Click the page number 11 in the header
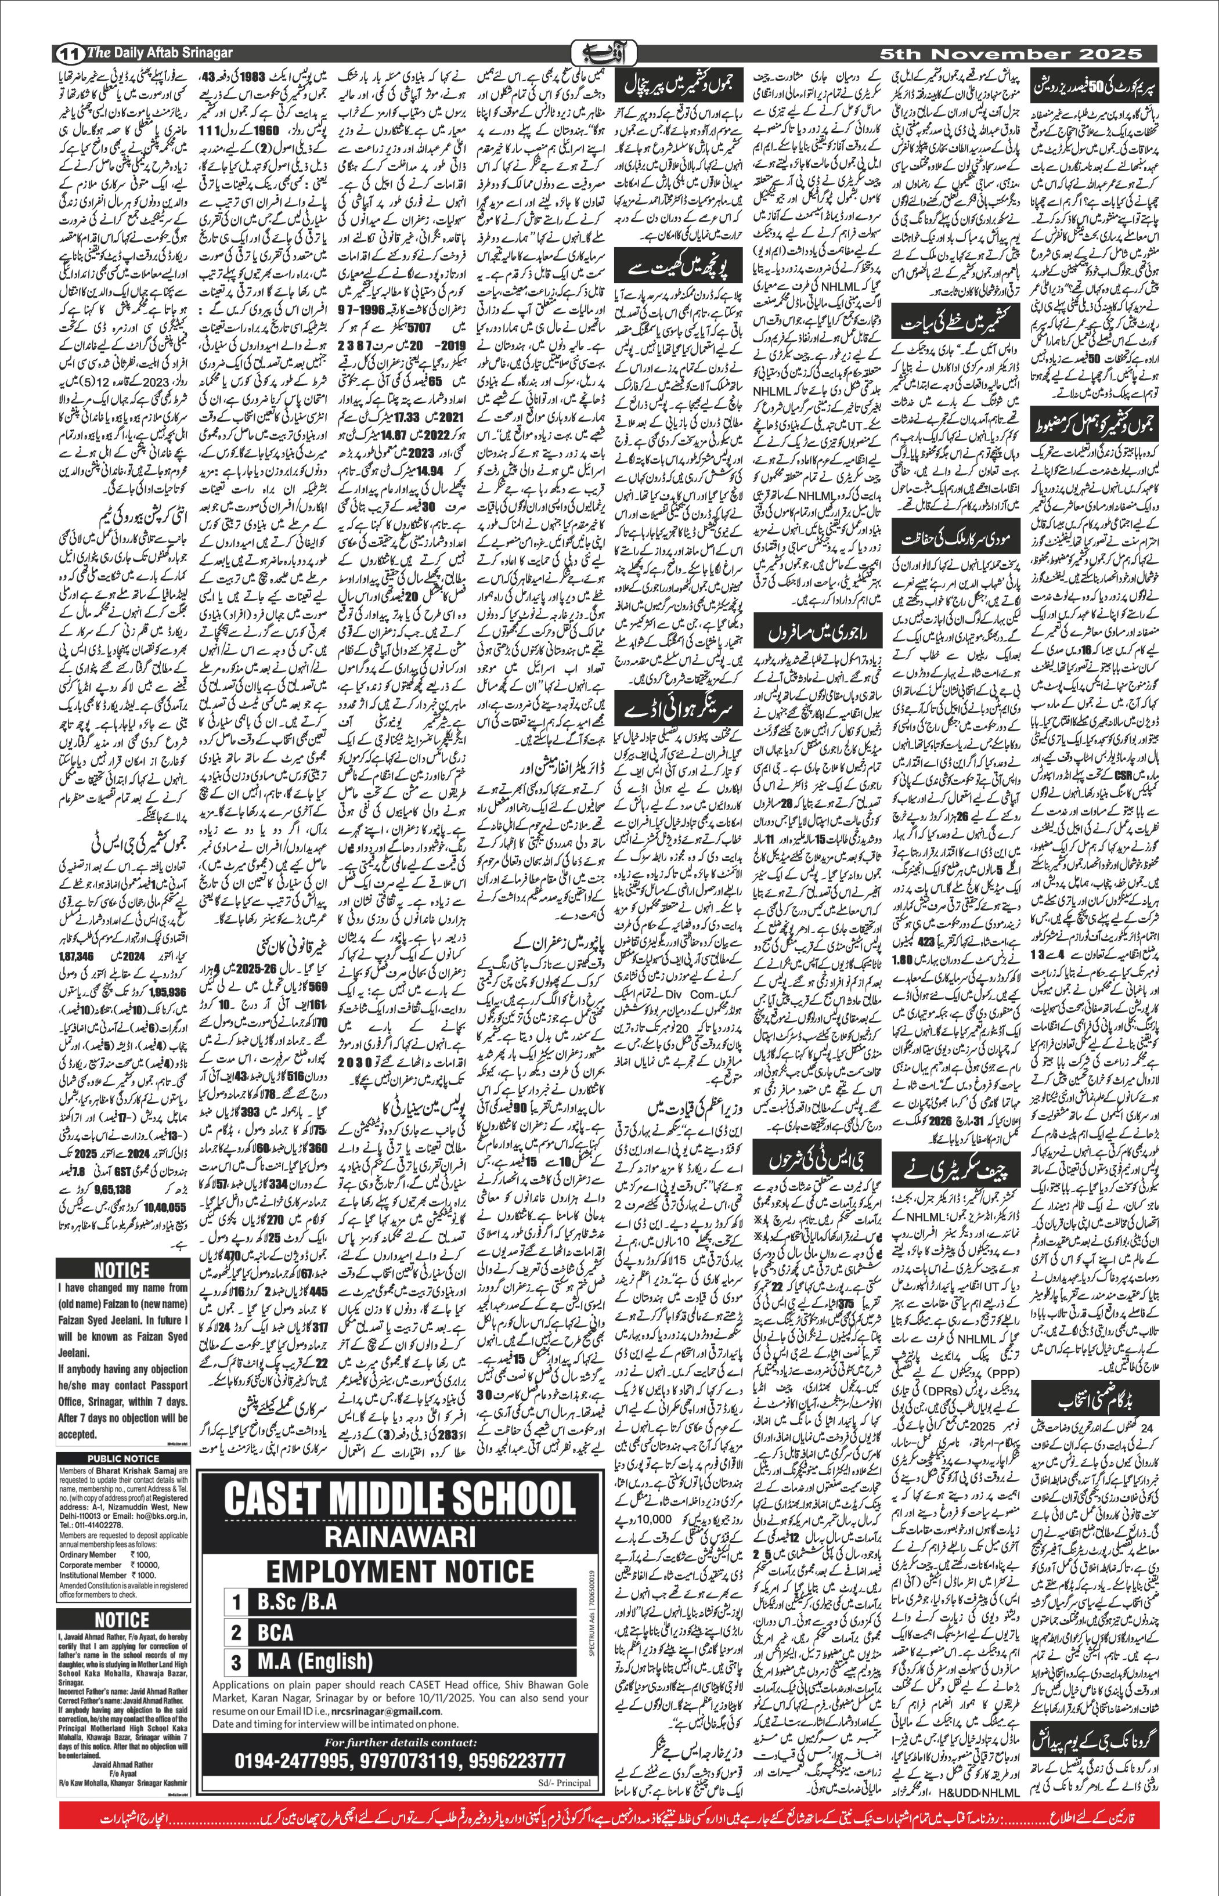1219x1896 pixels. (x=69, y=54)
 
